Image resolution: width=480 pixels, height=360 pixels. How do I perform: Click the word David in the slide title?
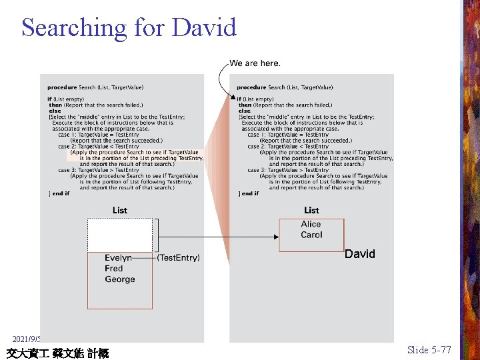204,28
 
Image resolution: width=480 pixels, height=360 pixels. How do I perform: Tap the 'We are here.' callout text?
255,63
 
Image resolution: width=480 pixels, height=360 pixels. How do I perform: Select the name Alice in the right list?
311,225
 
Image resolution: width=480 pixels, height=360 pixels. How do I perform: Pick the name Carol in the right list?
311,235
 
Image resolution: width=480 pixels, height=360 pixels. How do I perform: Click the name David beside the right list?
360,254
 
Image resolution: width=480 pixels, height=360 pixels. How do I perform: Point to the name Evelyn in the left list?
118,258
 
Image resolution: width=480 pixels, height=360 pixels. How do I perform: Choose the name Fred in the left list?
114,269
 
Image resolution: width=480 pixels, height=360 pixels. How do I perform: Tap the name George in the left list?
120,280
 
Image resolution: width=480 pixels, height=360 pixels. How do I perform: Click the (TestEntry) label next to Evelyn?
178,258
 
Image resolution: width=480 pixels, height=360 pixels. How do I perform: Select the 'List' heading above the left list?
120,211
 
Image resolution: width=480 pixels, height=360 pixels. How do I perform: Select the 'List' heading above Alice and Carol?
311,211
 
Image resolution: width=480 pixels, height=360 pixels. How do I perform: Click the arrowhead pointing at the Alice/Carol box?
275,235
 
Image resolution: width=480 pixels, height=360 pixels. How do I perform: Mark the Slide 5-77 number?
429,350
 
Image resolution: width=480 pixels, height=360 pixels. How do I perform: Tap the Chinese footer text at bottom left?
57,353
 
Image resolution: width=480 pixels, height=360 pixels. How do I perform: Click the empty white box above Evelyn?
120,235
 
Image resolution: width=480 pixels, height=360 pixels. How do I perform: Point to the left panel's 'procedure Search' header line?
95,87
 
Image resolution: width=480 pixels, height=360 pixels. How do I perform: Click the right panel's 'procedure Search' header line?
285,87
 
